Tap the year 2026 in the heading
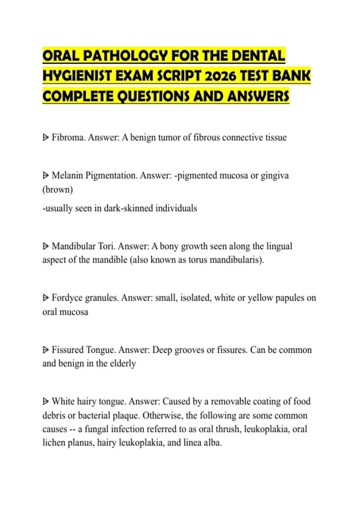coord(218,76)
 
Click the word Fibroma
coord(69,137)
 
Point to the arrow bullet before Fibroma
coord(46,138)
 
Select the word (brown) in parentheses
coord(58,190)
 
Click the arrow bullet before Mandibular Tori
coord(46,246)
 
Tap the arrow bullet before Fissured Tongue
coord(46,350)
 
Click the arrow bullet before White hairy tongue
coord(46,401)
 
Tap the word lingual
coord(279,246)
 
